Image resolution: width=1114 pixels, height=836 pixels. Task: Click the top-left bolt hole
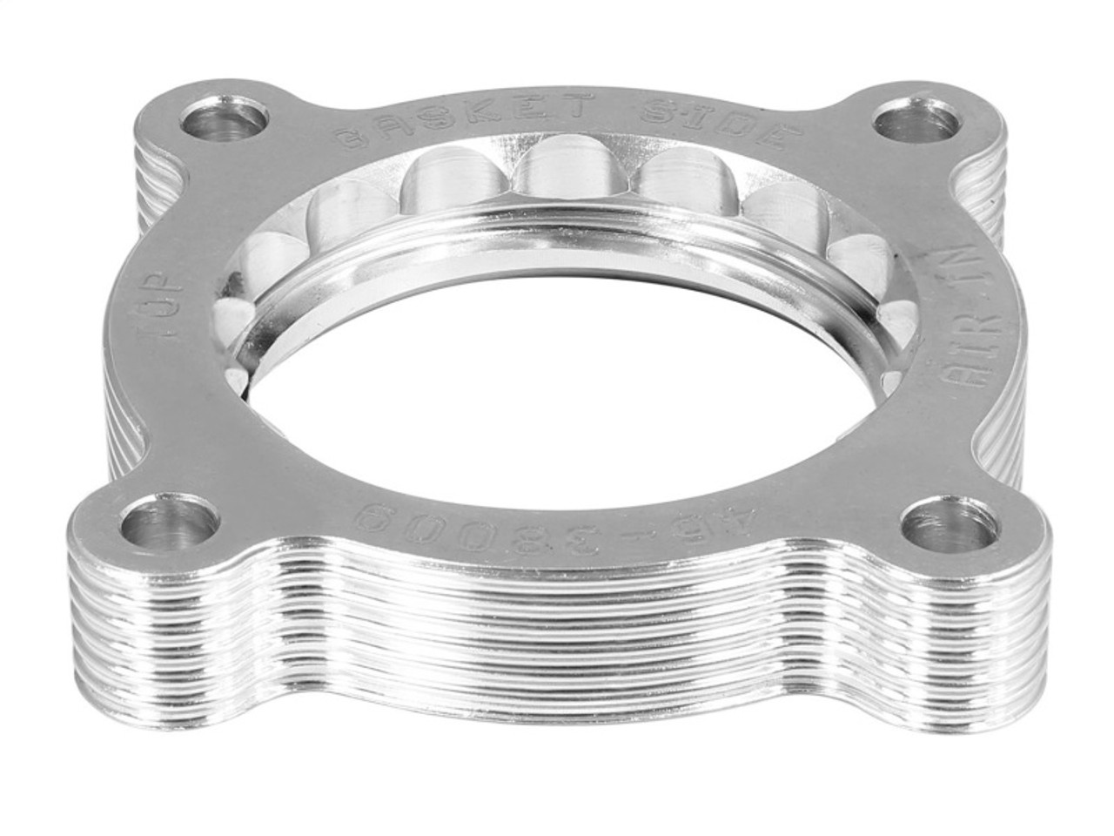(225, 121)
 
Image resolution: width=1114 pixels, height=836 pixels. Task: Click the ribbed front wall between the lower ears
(557, 627)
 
